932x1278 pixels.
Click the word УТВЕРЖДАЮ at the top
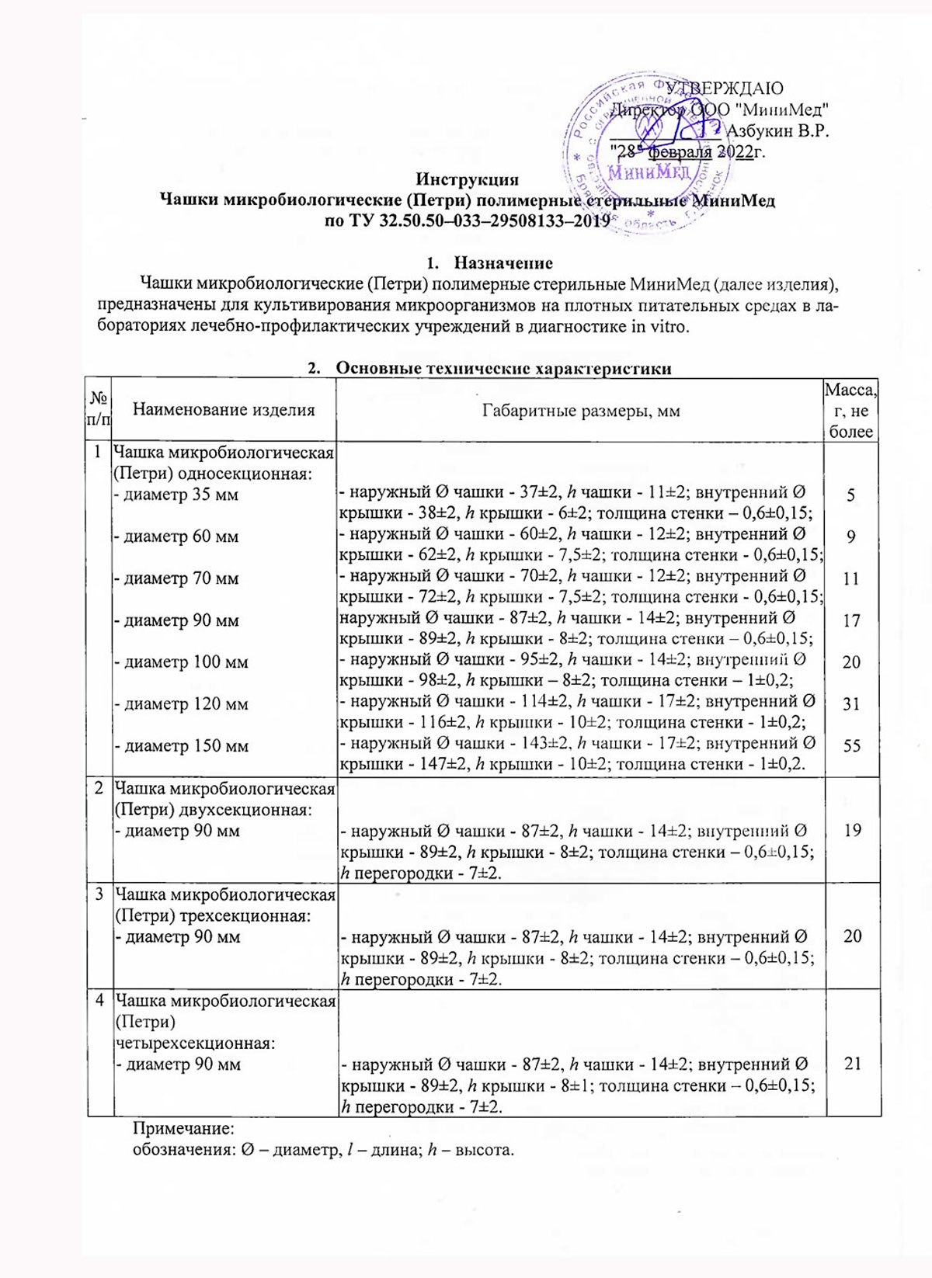(x=724, y=89)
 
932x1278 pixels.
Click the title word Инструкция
(x=467, y=180)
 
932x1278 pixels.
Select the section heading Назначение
(x=503, y=262)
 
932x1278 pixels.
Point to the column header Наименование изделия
(x=224, y=410)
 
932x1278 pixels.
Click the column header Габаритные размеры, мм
(x=580, y=411)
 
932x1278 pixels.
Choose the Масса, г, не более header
(x=851, y=411)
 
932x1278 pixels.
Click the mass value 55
(x=851, y=745)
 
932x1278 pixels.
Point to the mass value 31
(x=851, y=703)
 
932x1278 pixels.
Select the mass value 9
(x=851, y=536)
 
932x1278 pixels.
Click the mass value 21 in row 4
(x=852, y=1064)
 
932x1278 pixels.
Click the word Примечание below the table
(x=183, y=1127)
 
